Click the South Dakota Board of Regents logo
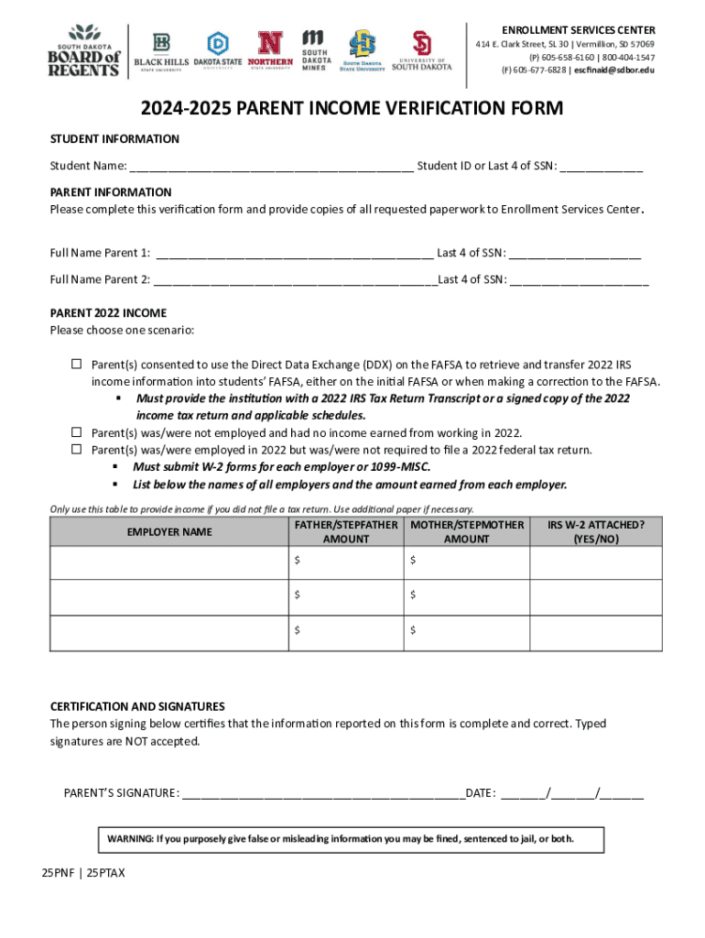tap(83, 51)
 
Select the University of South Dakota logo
tap(422, 51)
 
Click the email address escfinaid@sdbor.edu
tap(614, 70)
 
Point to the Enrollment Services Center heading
tap(578, 29)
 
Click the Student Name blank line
tap(271, 168)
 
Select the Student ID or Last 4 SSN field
tap(601, 168)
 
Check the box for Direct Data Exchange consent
tap(77, 365)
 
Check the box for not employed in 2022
tap(77, 432)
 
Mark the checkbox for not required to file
tap(77, 449)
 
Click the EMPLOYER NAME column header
tap(169, 532)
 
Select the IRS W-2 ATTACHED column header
tap(596, 532)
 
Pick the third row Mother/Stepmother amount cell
tap(466, 631)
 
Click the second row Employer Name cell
tap(169, 596)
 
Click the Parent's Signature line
tap(322, 794)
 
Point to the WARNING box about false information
tap(338, 839)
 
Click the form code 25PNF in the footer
tap(58, 873)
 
